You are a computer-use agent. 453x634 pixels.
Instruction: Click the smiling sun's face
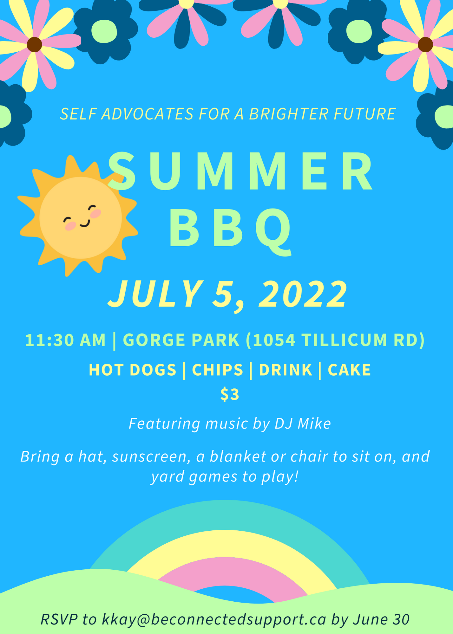click(81, 218)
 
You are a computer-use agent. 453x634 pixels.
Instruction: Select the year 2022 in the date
click(303, 294)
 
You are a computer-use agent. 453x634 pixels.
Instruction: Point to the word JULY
click(155, 294)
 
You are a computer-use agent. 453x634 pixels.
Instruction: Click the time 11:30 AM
click(65, 340)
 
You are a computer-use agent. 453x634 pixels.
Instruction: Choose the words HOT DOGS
click(132, 370)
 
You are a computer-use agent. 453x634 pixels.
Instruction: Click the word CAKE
click(349, 370)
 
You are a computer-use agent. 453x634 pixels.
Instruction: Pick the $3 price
click(230, 394)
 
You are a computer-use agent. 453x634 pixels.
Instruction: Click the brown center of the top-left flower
click(34, 44)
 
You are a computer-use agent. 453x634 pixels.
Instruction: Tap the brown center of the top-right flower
click(425, 44)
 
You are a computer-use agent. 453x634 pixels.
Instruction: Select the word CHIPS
click(218, 370)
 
